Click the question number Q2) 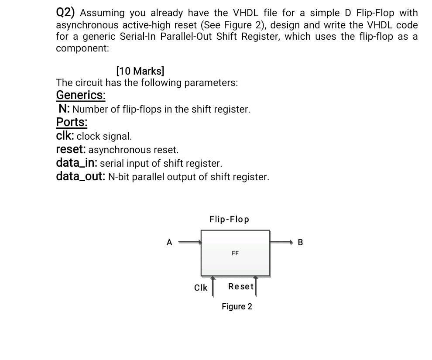tap(66, 13)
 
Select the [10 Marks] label tap(140, 71)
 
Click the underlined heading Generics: tap(81, 95)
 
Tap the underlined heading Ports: tap(72, 122)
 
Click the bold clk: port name tap(65, 136)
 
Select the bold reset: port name tap(71, 150)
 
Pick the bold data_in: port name tap(77, 163)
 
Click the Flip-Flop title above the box tap(229, 219)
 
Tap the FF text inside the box tap(235, 253)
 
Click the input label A tap(169, 242)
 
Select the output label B tap(300, 242)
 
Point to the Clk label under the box tap(200, 288)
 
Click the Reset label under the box tap(240, 286)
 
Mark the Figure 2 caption tap(237, 306)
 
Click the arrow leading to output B tap(282, 242)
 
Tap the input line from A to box tap(190, 242)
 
